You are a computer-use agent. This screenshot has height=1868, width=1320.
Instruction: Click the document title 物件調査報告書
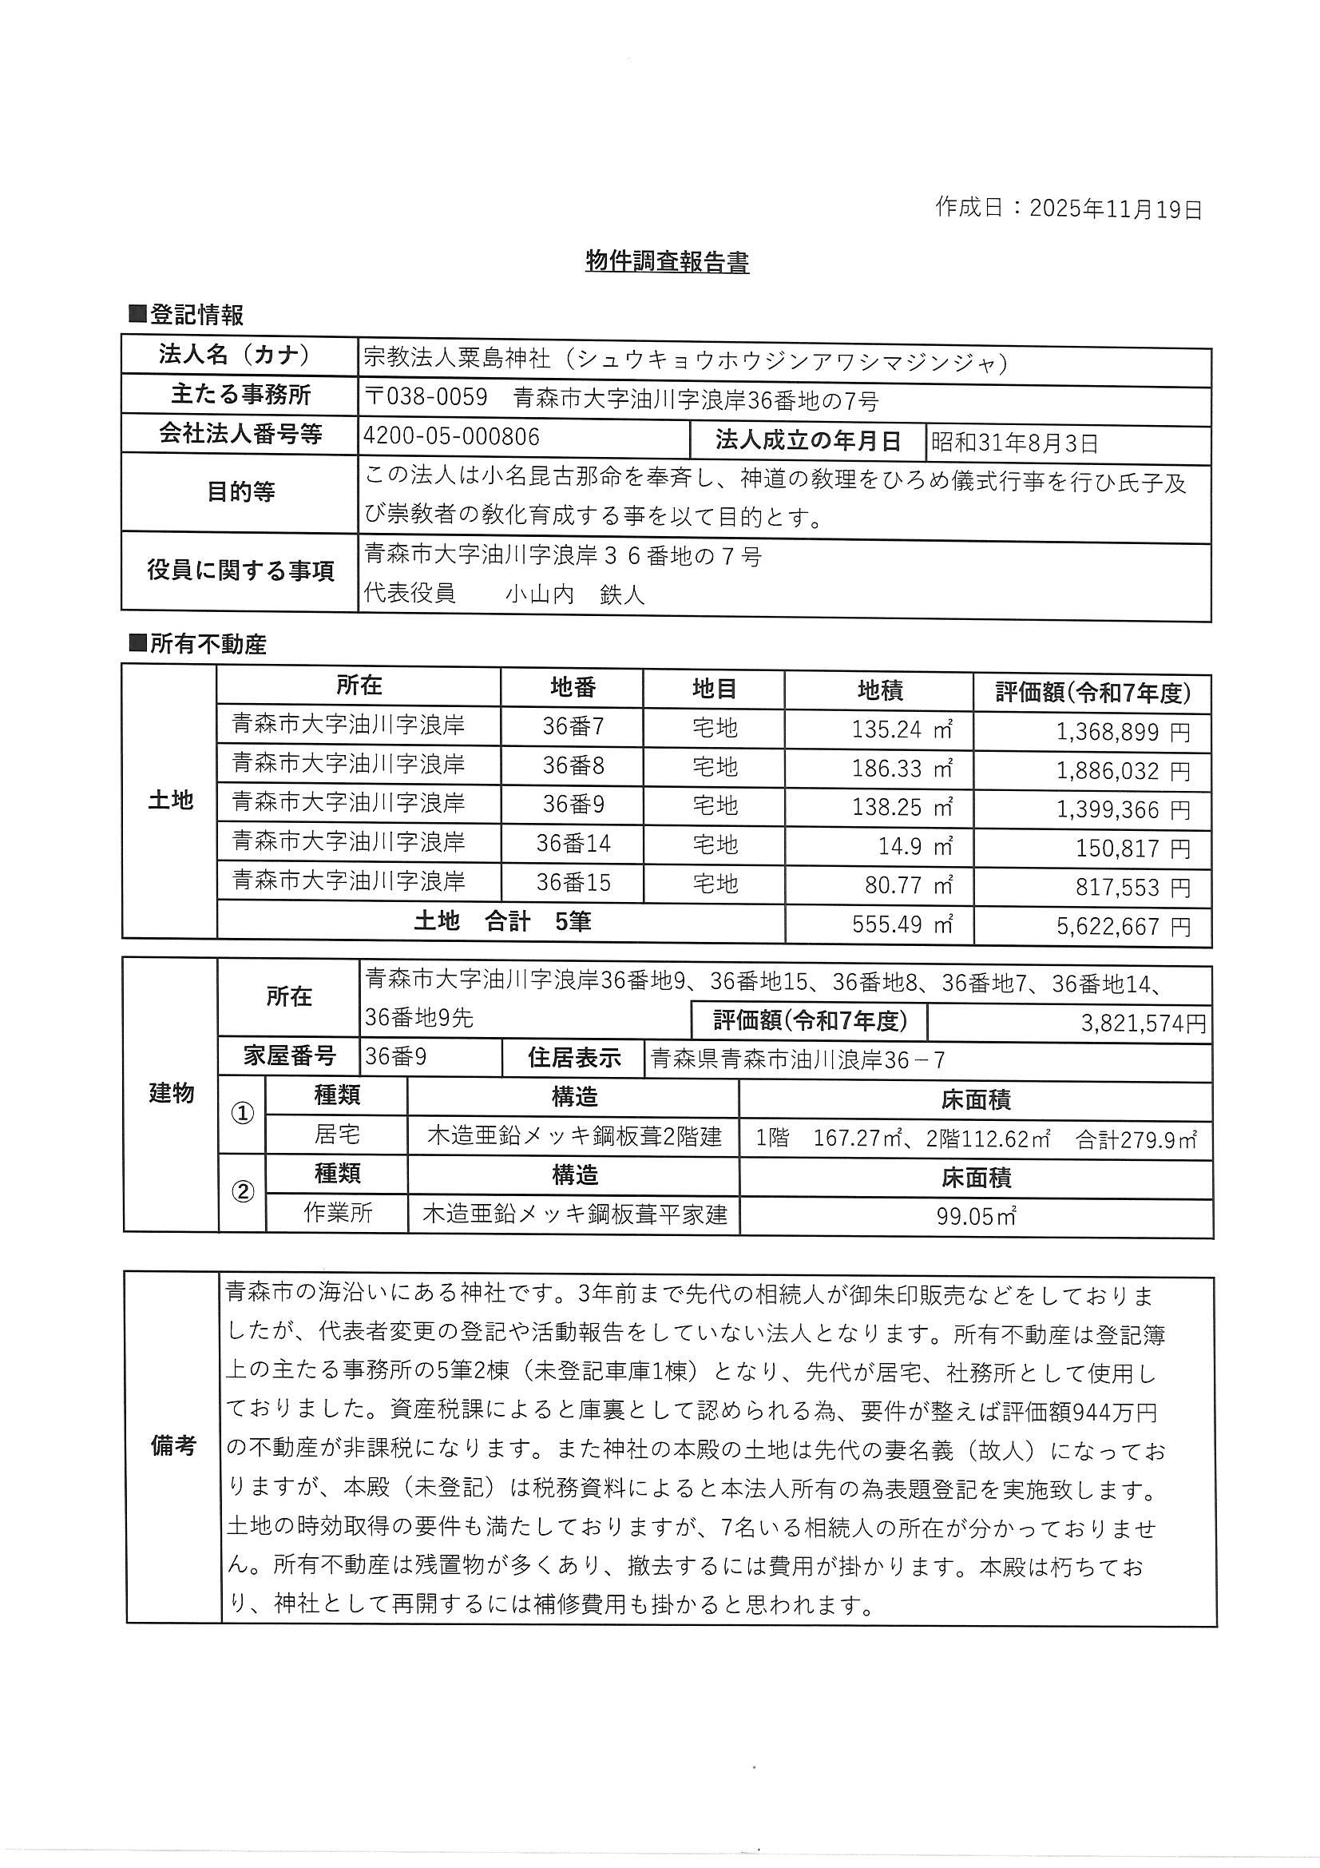[x=667, y=261]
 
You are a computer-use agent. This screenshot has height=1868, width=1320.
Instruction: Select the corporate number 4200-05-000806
[x=451, y=437]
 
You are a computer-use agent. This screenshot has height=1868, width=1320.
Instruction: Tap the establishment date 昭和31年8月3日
[x=1014, y=443]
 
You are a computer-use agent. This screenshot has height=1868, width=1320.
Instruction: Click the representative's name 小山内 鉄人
[x=574, y=594]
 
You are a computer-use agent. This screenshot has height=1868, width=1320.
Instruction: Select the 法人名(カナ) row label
[x=235, y=355]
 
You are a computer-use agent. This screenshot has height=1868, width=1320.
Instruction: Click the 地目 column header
[x=714, y=689]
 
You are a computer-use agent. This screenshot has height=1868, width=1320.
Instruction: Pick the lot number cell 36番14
[x=573, y=843]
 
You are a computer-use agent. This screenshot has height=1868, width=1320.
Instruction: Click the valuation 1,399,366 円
[x=1123, y=809]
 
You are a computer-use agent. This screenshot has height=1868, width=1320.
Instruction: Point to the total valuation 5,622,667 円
[x=1123, y=926]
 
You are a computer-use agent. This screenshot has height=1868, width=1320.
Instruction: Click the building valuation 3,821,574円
[x=1143, y=1023]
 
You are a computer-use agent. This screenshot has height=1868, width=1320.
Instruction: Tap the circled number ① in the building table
[x=243, y=1115]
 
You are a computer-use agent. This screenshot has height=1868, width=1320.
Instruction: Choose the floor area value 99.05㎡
[x=976, y=1216]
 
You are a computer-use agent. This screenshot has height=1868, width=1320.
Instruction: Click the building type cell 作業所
[x=338, y=1213]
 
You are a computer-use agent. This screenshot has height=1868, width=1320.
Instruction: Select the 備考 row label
[x=173, y=1445]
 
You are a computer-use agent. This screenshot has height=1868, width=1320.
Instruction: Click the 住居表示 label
[x=574, y=1058]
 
